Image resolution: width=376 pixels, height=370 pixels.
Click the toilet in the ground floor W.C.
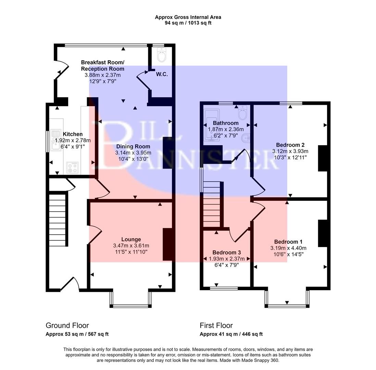click(161, 54)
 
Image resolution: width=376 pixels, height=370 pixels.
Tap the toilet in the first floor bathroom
click(243, 113)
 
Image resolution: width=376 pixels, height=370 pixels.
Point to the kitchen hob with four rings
click(72, 167)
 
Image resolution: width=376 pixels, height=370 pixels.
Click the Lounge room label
click(131, 239)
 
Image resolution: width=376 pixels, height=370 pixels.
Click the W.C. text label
click(162, 74)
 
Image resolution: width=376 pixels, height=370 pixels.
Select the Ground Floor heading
click(67, 325)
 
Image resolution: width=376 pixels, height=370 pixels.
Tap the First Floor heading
click(216, 325)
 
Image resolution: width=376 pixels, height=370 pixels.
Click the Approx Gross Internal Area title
click(188, 17)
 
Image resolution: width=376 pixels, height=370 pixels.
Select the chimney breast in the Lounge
click(167, 244)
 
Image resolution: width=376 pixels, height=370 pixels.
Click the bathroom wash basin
click(246, 138)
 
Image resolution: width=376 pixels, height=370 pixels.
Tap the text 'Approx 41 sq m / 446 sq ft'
click(231, 334)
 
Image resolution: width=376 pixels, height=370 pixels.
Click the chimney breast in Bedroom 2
click(323, 158)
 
